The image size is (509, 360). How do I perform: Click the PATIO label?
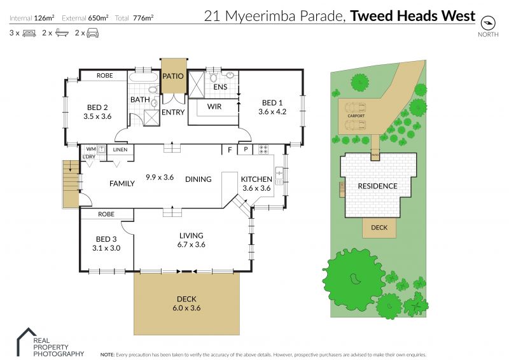(172, 76)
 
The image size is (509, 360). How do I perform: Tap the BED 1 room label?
(272, 103)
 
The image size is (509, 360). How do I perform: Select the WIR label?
(214, 106)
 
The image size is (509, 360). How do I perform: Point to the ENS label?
(220, 87)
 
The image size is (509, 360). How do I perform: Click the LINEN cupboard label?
(120, 149)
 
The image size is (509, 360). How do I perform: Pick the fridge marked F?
(230, 149)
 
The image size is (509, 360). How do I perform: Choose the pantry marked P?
(246, 149)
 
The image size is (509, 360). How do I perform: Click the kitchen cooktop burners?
(263, 149)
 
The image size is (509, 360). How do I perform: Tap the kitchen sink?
(279, 176)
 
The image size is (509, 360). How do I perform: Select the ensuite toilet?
(213, 77)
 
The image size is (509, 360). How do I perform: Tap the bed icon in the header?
(29, 33)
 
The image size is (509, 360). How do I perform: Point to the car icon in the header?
(92, 33)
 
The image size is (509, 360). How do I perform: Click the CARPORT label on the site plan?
(356, 116)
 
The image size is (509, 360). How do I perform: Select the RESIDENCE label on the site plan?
(377, 186)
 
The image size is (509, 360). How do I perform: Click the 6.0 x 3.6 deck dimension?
(186, 308)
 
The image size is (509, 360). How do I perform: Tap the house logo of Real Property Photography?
(27, 342)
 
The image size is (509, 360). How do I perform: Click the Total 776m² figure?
(134, 18)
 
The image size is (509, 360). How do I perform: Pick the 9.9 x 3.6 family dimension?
(160, 177)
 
